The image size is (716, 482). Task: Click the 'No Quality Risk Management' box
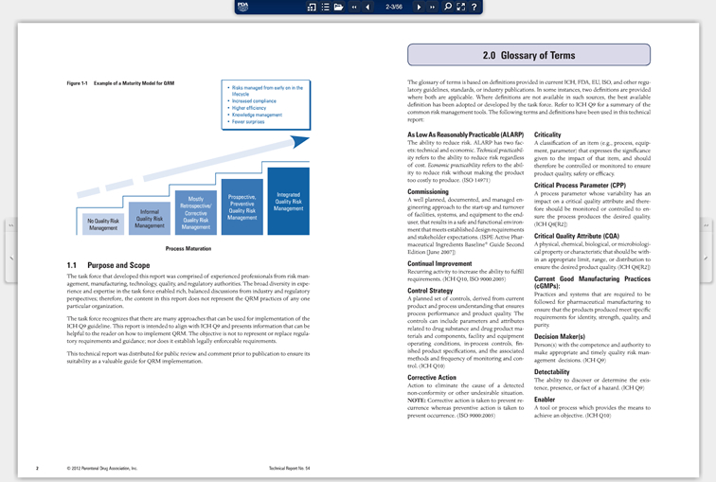(x=103, y=223)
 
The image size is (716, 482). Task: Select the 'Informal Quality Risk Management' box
(x=149, y=219)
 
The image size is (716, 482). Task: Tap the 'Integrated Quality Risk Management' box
(x=288, y=201)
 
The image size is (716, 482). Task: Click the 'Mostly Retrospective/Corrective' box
(x=196, y=213)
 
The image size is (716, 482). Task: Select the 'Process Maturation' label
(x=188, y=248)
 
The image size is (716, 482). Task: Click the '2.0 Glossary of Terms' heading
(x=528, y=55)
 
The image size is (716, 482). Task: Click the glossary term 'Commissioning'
(x=427, y=191)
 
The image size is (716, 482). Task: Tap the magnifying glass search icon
(x=448, y=7)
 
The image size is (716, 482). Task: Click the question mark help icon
(x=474, y=7)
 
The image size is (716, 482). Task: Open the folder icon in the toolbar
(x=338, y=7)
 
